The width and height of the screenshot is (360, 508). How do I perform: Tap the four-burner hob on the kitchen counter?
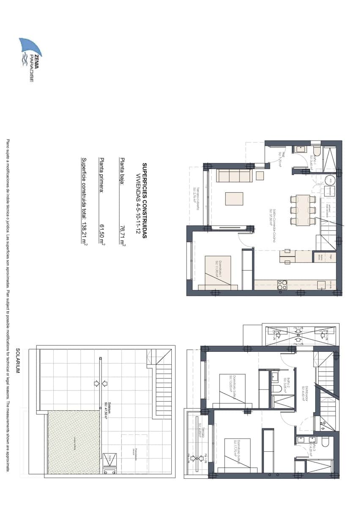tap(282, 285)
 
